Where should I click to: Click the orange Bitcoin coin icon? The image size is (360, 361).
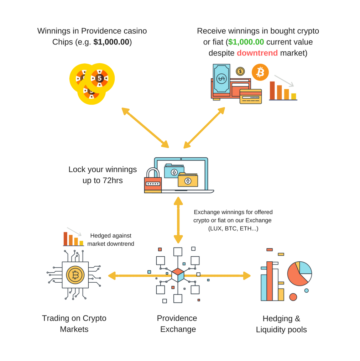tap(260, 72)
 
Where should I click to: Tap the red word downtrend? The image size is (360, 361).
tap(257, 53)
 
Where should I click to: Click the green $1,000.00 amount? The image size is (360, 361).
tap(246, 42)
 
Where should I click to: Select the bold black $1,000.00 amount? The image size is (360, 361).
tap(111, 42)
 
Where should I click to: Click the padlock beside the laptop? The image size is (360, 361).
tap(153, 181)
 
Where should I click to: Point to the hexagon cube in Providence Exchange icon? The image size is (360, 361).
tap(178, 275)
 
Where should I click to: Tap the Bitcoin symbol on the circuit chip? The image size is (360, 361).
tap(75, 275)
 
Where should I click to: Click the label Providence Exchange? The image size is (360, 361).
tap(177, 323)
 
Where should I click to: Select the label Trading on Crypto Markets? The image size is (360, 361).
tap(74, 323)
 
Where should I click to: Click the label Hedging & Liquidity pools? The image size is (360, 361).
tap(281, 324)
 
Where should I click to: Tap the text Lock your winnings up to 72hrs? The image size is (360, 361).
tap(103, 175)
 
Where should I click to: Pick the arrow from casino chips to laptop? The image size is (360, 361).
tap(145, 127)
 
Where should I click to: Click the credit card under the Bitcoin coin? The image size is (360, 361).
tap(251, 96)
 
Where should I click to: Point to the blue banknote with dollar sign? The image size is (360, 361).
tap(221, 78)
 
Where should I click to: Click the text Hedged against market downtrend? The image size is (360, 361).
tap(111, 240)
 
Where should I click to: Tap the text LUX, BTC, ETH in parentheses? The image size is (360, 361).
tap(233, 229)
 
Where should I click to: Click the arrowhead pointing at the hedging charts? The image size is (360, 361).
tap(247, 276)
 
